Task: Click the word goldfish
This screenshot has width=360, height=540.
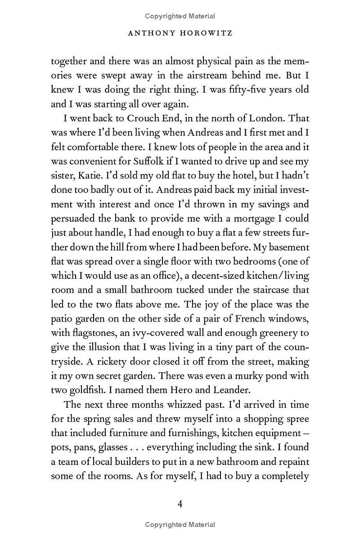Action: (84, 390)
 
